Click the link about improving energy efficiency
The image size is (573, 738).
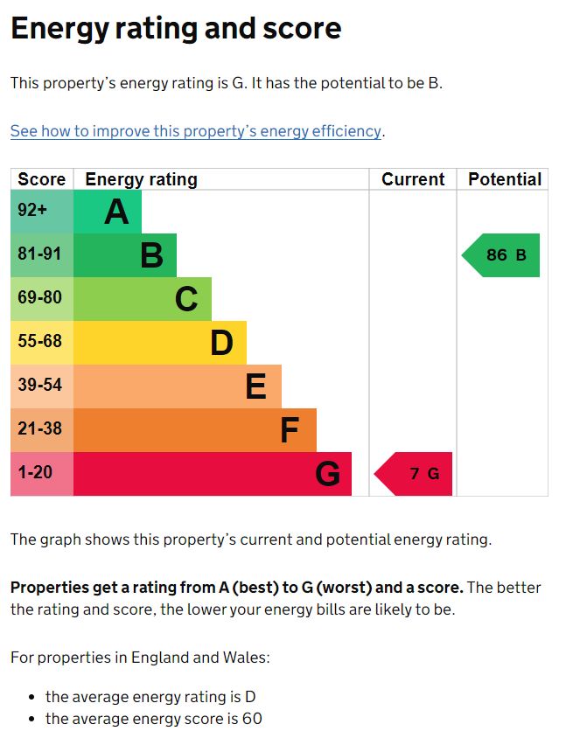pyautogui.click(x=196, y=131)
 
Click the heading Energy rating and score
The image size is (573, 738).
pyautogui.click(x=176, y=29)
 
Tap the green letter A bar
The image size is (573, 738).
pyautogui.click(x=108, y=212)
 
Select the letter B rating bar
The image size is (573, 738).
pyautogui.click(x=125, y=255)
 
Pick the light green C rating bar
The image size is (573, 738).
pyautogui.click(x=143, y=299)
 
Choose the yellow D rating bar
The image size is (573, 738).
pyautogui.click(x=160, y=343)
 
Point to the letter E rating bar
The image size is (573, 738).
pyautogui.click(x=178, y=386)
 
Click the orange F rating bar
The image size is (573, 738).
pyautogui.click(x=195, y=430)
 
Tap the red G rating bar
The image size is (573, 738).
pyautogui.click(x=213, y=474)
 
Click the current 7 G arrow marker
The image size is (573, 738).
pyautogui.click(x=415, y=474)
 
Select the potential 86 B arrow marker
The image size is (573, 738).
pyautogui.click(x=502, y=255)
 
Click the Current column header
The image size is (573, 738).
pyautogui.click(x=413, y=179)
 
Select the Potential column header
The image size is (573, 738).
pyautogui.click(x=504, y=179)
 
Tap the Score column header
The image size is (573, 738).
pyautogui.click(x=42, y=179)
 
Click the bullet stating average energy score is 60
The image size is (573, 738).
pyautogui.click(x=154, y=719)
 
